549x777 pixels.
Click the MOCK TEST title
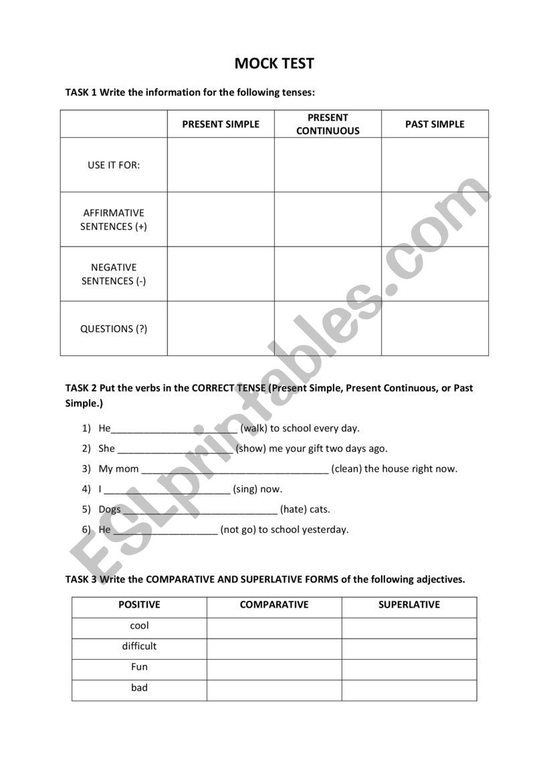[274, 64]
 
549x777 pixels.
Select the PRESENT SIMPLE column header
[221, 124]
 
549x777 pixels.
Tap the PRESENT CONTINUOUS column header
[328, 124]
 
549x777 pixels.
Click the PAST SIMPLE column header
[435, 124]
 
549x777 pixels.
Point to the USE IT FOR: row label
[114, 165]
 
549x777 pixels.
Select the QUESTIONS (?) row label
[114, 329]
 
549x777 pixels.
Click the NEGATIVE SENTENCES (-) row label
[114, 274]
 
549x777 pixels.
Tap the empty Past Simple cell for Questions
[435, 328]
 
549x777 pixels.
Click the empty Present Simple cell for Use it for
[221, 165]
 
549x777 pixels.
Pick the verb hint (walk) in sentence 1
[253, 428]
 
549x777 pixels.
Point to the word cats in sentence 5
[320, 509]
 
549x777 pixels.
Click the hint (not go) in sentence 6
[238, 529]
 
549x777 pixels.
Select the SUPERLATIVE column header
[409, 604]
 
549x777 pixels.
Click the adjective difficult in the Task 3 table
[139, 646]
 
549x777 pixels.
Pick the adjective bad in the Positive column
[139, 687]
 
